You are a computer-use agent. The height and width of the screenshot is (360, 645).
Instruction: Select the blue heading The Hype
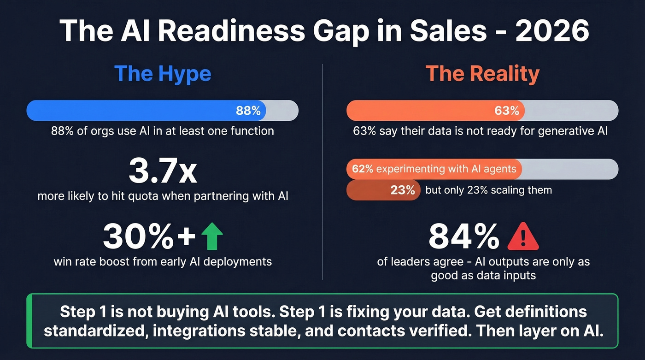point(162,74)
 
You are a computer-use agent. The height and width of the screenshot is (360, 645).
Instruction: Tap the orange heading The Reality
point(482,74)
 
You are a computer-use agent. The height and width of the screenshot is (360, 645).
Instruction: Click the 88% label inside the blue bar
point(248,111)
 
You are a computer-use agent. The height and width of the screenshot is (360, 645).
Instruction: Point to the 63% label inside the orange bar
point(507,111)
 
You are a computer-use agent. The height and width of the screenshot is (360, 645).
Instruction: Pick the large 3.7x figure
point(162,171)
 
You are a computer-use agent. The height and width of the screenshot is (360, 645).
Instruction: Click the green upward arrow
point(212,236)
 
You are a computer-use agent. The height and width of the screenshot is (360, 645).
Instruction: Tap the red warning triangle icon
point(522,236)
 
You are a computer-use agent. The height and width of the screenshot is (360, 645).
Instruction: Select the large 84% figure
point(463,236)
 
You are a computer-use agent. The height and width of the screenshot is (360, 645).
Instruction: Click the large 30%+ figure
point(150,236)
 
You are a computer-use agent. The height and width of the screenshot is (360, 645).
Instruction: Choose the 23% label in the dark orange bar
point(403,190)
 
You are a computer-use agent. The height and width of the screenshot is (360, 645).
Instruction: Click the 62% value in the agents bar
point(363,169)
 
